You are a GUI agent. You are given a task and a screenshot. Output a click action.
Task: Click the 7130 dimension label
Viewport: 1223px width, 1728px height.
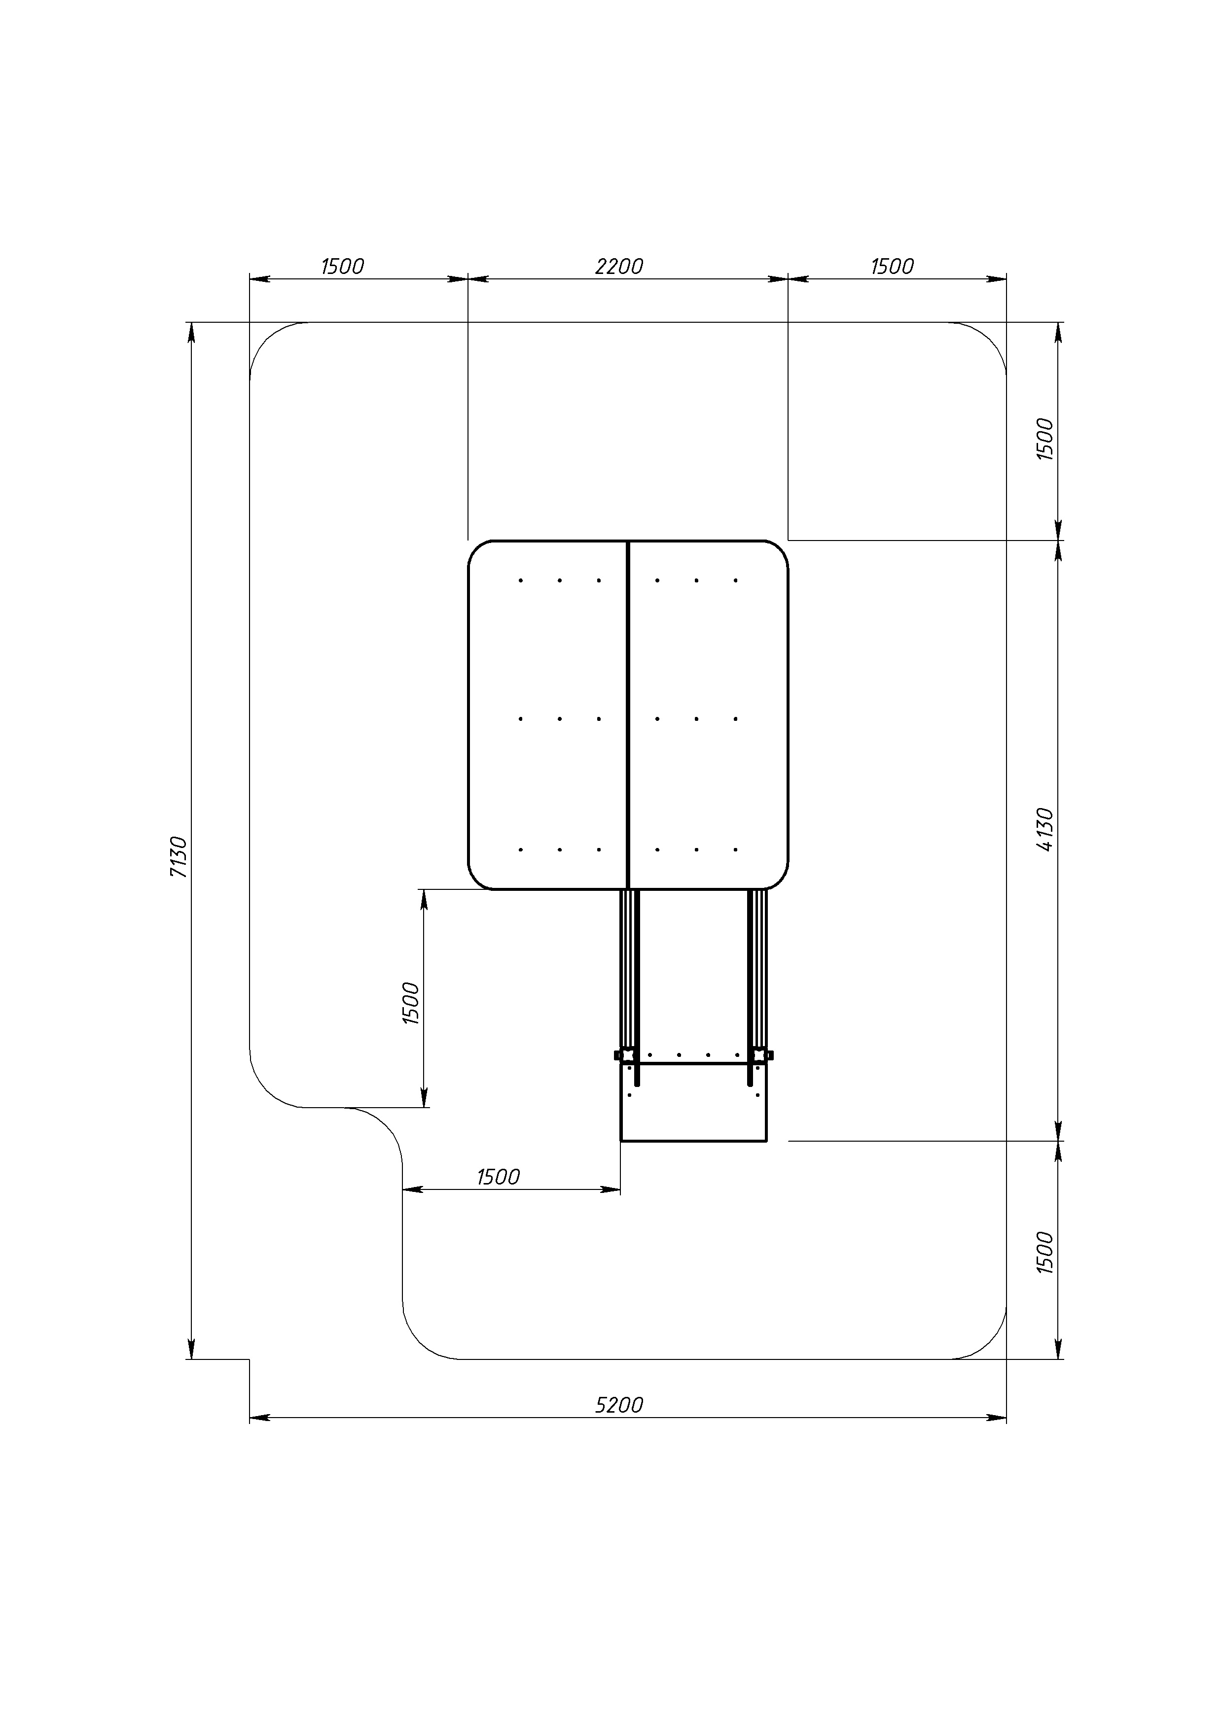coord(179,856)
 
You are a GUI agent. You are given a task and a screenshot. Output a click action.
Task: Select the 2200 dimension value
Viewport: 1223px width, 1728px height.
coord(619,267)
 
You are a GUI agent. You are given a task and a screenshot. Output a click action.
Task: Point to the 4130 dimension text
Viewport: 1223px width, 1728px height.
coord(1045,829)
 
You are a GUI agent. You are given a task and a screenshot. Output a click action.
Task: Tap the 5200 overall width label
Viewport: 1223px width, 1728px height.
coord(619,1405)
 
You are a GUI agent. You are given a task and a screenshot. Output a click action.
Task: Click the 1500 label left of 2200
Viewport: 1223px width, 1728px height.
coord(343,267)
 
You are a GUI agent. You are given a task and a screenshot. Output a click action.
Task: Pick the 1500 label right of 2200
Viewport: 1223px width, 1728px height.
coord(893,267)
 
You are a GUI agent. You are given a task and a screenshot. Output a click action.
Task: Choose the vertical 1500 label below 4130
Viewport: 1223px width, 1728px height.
coord(1045,1253)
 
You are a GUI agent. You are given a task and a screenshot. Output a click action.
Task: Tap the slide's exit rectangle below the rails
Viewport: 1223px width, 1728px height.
coord(693,1103)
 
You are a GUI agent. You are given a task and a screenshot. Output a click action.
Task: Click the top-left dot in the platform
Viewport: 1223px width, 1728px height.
coord(520,580)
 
